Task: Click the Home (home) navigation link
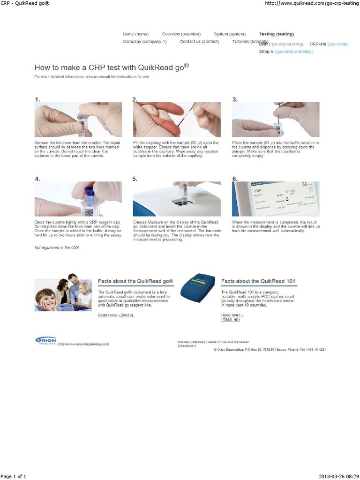point(135,34)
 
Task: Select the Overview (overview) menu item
point(181,34)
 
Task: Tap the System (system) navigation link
point(230,34)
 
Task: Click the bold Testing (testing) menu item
point(276,34)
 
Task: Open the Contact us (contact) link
point(199,42)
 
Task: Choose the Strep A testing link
point(286,52)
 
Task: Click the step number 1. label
point(37,99)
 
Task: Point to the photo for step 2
point(177,120)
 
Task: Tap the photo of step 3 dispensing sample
point(276,120)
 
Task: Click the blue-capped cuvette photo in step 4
point(78,199)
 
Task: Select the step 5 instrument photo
point(177,199)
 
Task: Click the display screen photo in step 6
point(276,199)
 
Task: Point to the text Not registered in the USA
point(57,247)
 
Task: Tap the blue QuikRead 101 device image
point(198,288)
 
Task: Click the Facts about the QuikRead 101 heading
point(258,281)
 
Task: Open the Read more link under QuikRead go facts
point(115,315)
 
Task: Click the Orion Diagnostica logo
point(45,341)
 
